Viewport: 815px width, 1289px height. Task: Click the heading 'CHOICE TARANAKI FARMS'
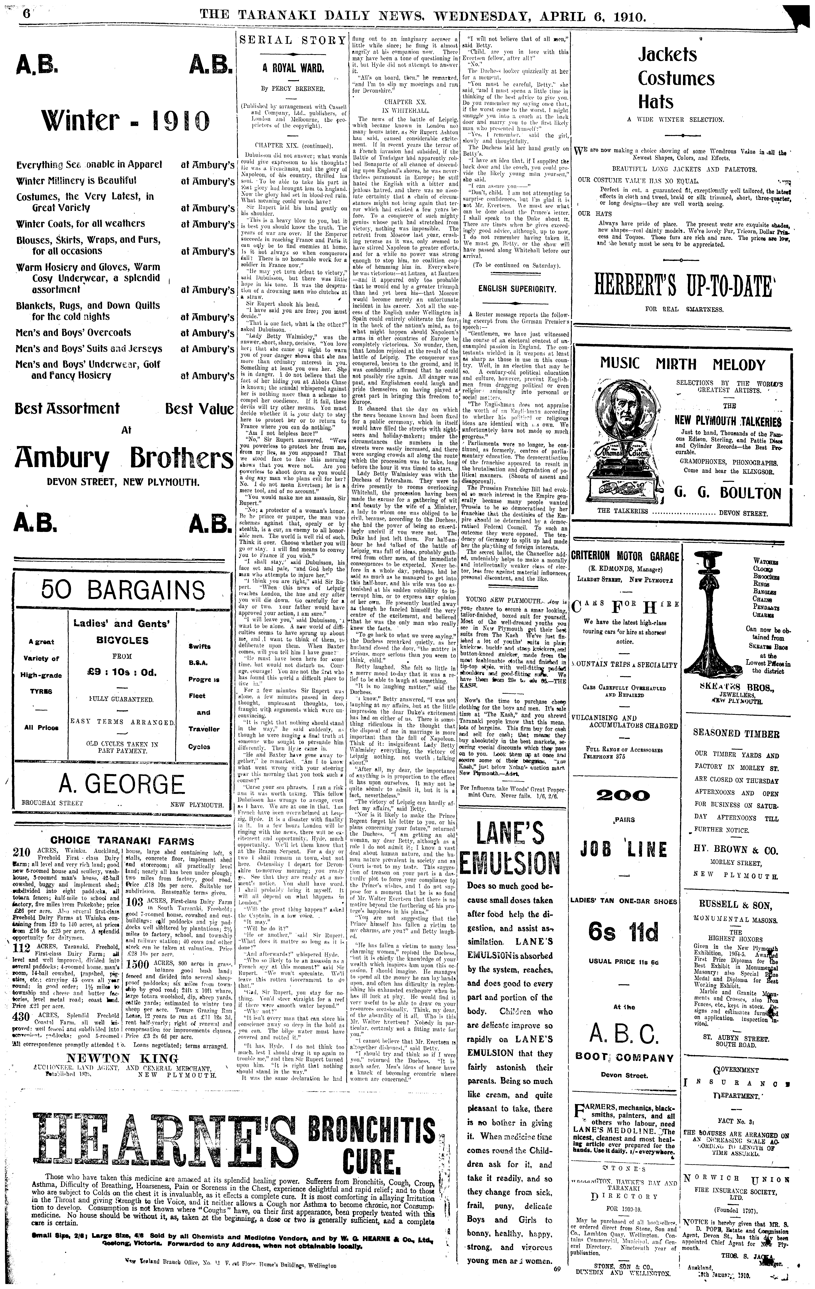click(122, 840)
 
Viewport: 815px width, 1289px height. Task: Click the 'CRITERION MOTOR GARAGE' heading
click(625, 556)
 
